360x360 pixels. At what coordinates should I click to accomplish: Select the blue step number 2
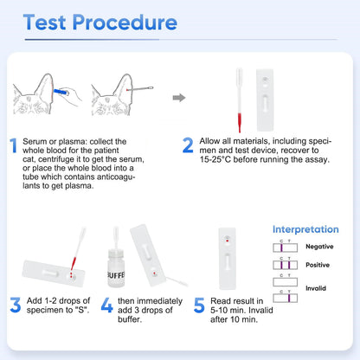188,145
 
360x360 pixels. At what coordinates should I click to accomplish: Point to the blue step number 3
15,305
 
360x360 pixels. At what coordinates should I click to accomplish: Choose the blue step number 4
106,305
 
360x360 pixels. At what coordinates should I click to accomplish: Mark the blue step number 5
198,305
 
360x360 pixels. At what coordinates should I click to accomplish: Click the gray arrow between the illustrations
178,97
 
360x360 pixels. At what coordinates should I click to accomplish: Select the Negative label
318,247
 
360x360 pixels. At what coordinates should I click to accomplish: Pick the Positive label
318,265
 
